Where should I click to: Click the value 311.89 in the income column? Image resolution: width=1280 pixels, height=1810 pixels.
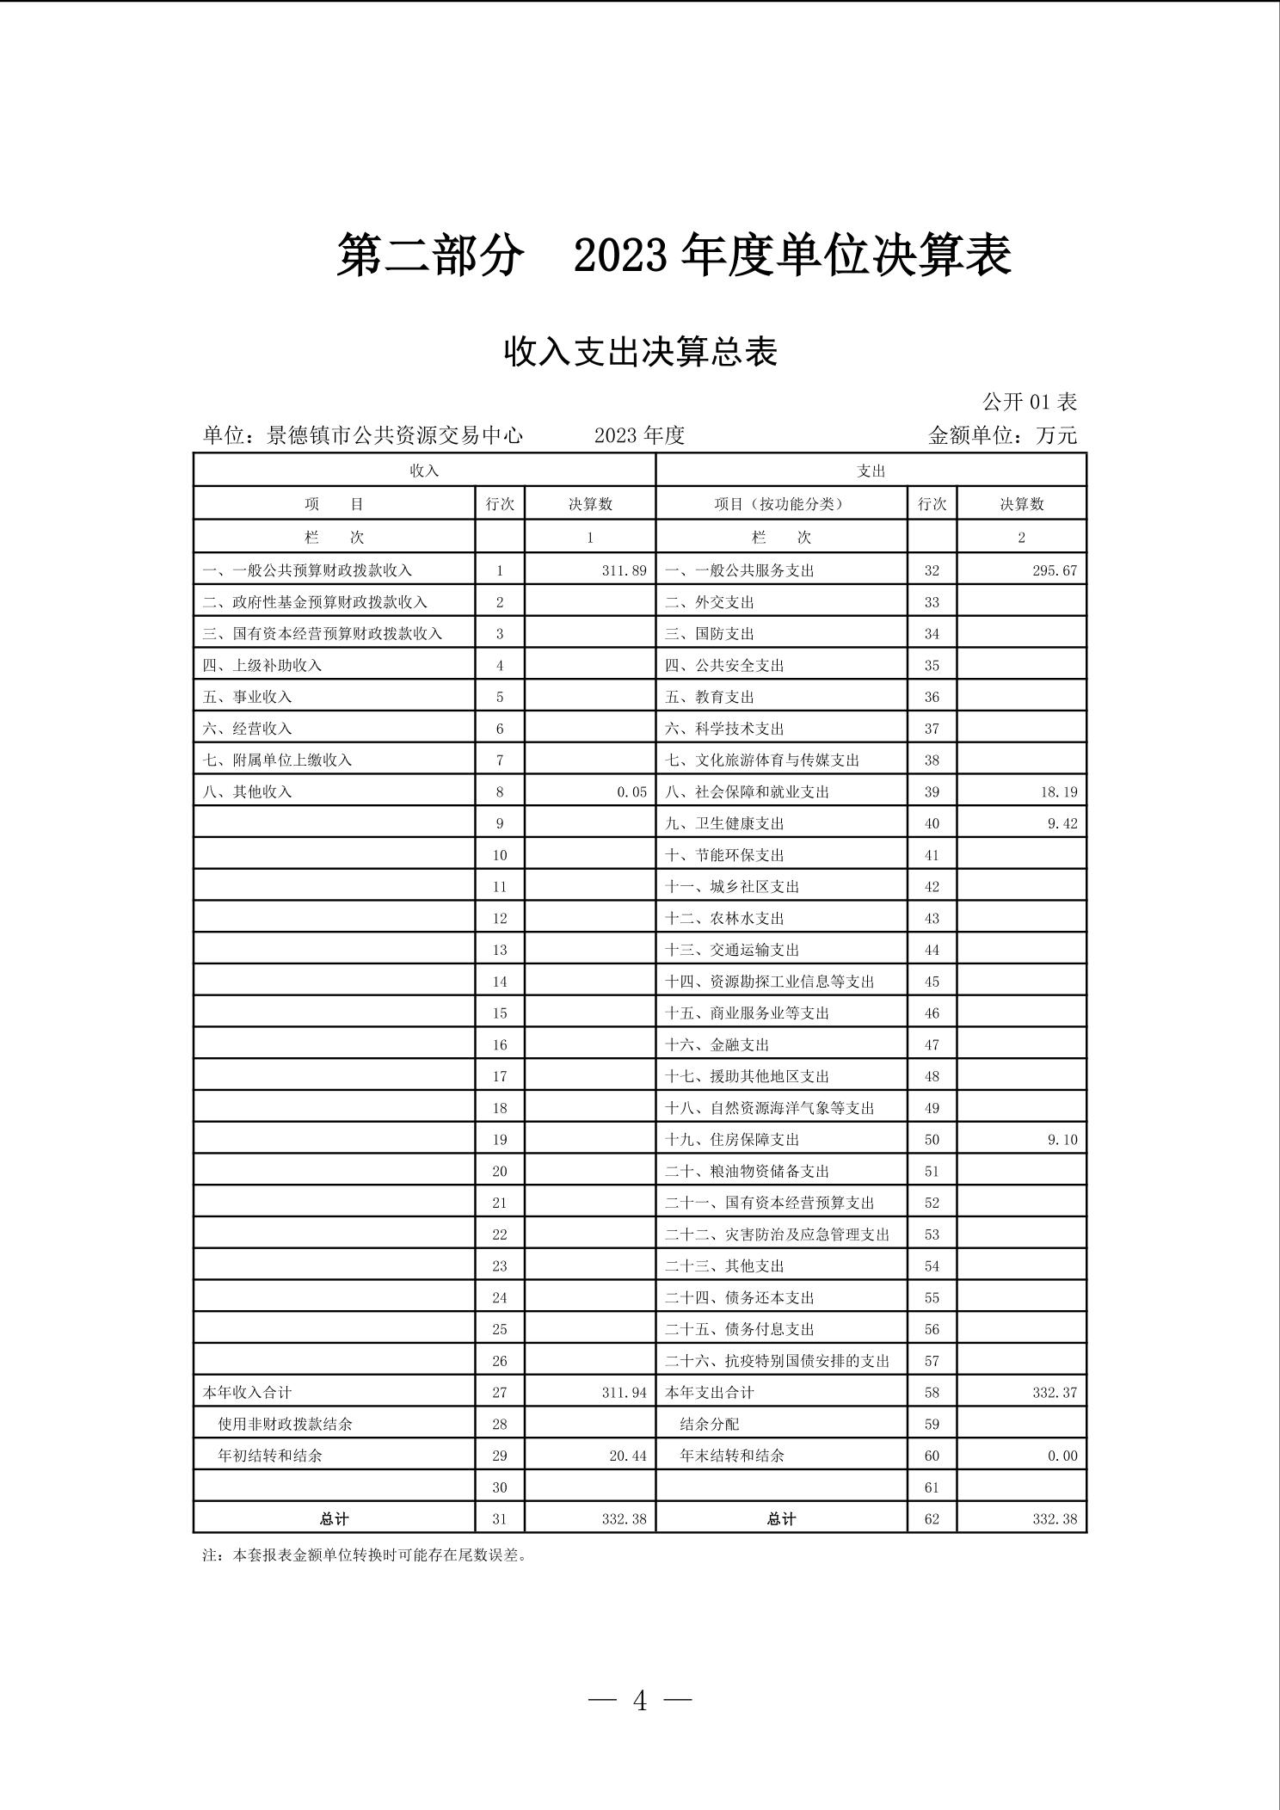tap(624, 570)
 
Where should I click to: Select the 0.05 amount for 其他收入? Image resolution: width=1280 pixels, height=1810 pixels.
tap(631, 791)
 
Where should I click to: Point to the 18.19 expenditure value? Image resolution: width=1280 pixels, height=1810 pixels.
tap(1058, 791)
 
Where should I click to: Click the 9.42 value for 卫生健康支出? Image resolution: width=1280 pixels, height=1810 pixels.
tap(1062, 823)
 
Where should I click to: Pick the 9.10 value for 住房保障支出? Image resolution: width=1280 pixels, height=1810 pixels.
tap(1062, 1140)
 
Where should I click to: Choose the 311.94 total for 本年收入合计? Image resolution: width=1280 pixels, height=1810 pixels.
tap(624, 1393)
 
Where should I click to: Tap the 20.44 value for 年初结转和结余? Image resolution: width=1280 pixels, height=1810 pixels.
tap(627, 1456)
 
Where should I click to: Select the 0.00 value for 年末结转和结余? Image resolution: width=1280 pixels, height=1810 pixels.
tap(1062, 1456)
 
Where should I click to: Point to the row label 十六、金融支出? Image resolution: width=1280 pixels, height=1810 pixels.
tap(717, 1045)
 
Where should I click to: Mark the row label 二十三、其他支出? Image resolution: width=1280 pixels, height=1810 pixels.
tap(724, 1266)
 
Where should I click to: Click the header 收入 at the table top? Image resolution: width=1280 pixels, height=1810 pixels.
tap(424, 471)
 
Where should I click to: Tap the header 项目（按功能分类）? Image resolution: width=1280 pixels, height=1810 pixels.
tap(779, 504)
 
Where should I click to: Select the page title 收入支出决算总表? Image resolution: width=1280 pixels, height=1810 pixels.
tap(640, 352)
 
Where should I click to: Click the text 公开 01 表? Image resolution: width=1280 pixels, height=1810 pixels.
tap(1030, 402)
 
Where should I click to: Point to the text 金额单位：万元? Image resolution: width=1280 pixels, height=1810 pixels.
tap(1002, 435)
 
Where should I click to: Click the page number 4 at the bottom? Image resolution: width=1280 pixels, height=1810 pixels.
tap(640, 1700)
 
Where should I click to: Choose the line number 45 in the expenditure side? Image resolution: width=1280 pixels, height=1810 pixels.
tap(932, 982)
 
